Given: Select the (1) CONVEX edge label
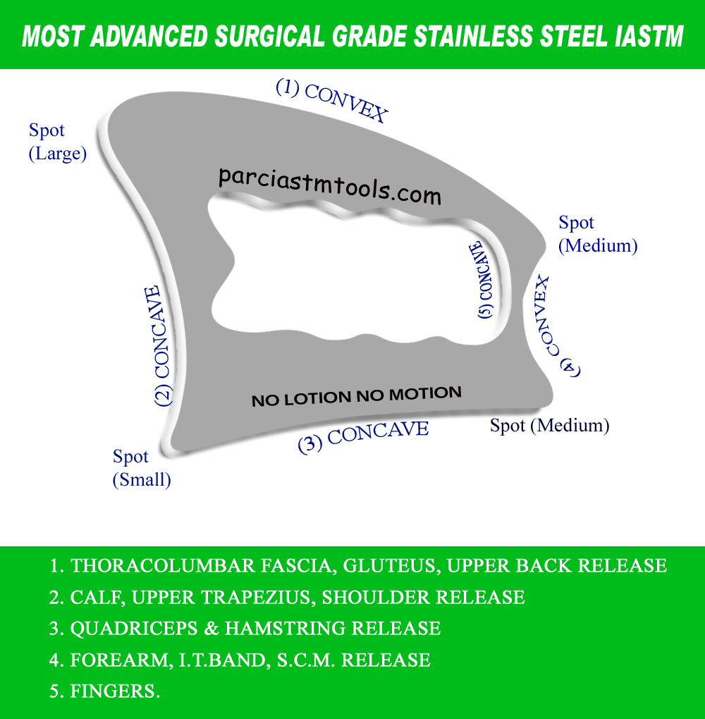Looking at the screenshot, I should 331,101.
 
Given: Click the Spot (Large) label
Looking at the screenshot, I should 57,142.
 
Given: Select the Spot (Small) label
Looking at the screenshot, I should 142,468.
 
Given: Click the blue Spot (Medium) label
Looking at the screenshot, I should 598,234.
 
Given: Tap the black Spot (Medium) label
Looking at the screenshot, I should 549,425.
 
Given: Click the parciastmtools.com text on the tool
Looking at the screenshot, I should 329,185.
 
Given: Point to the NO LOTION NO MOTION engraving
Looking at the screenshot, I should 357,396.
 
